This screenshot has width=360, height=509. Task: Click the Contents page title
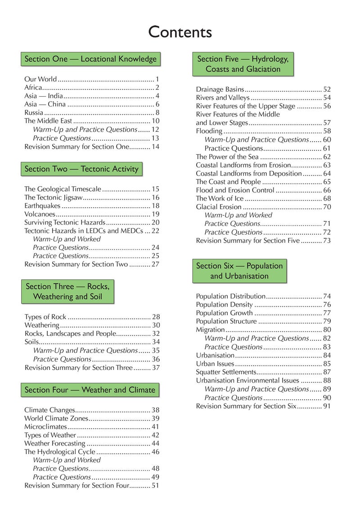[180, 32]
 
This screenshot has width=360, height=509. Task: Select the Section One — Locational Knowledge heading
[90, 59]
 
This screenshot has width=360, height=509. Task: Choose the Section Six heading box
[239, 271]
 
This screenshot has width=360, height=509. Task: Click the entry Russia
[34, 113]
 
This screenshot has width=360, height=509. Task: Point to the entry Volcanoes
[40, 214]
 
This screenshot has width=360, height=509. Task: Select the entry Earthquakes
[42, 205]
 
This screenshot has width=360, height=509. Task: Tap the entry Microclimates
[45, 427]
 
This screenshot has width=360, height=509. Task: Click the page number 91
[327, 406]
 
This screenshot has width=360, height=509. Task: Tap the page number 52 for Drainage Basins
[327, 89]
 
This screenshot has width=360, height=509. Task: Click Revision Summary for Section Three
[78, 367]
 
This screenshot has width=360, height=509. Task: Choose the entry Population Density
[224, 305]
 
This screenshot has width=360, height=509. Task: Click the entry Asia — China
[45, 104]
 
